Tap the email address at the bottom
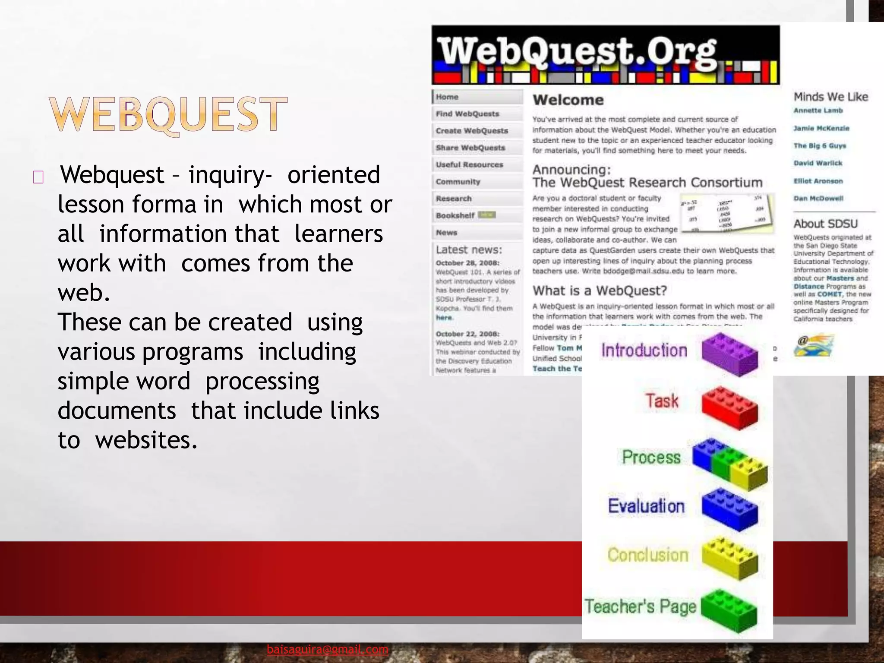[x=328, y=649]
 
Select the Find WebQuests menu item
[x=467, y=114]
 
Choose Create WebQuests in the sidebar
[x=472, y=131]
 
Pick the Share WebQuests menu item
[x=470, y=148]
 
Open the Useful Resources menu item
[x=470, y=164]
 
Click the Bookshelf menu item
[x=455, y=215]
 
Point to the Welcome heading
[x=568, y=100]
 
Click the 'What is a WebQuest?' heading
[x=600, y=290]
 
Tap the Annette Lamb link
[x=818, y=110]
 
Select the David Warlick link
[x=818, y=163]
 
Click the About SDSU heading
[x=825, y=224]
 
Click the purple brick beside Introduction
[x=729, y=354]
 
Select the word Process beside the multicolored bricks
[x=651, y=457]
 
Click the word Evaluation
[x=646, y=506]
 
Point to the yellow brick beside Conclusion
[x=729, y=558]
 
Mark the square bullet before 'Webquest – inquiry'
[x=38, y=177]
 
